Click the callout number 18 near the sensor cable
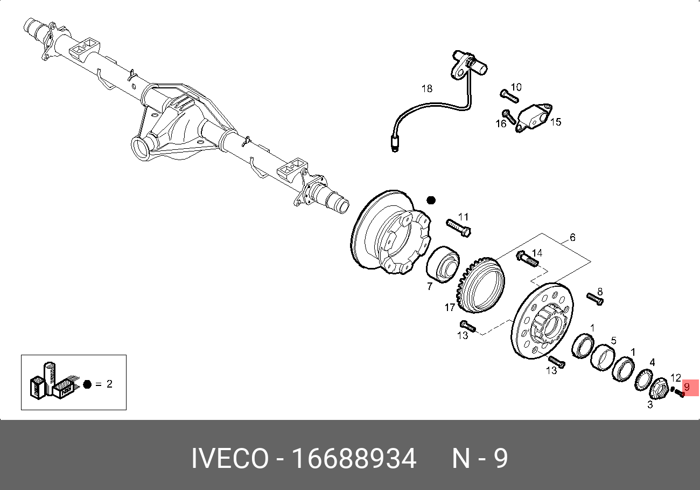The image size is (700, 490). coord(427,88)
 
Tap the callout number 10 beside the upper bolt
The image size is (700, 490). coord(516,87)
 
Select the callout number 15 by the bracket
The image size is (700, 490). coord(556,122)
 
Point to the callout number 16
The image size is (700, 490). coord(501,123)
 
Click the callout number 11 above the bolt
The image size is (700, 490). coord(463,217)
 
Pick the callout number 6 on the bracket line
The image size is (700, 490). coord(572,238)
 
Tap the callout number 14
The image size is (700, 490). coord(537,252)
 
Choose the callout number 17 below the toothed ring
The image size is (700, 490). coord(450,308)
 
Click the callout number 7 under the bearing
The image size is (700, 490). coord(430,286)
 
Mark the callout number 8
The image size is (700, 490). coord(600,292)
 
